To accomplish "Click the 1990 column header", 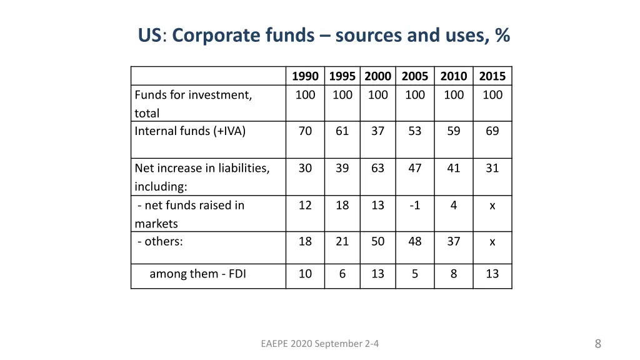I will coord(305,76).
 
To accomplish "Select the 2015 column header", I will coord(492,76).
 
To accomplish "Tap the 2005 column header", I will coord(415,76).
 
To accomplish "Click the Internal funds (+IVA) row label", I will coord(190,131).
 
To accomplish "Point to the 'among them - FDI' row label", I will coord(197,274).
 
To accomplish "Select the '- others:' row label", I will coord(160,241).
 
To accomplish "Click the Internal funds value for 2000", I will coord(378,131).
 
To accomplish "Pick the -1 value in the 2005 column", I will coord(415,205).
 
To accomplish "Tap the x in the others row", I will coord(492,241).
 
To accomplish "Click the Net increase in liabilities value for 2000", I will coord(378,168).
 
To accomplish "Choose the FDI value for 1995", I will coord(342,274).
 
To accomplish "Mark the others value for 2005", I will coord(415,241).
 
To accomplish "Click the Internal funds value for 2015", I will coord(492,131).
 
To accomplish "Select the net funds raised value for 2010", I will coord(454,205).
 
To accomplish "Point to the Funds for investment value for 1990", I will coord(305,95).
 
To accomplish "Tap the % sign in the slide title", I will coord(502,36).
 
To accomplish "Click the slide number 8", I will coord(598,343).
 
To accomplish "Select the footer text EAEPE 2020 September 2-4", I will coord(320,343).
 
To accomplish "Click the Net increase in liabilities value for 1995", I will coord(342,168).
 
